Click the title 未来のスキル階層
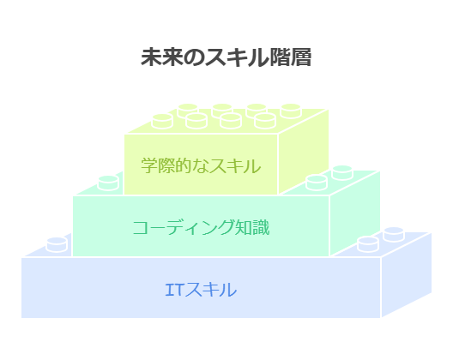tap(226, 57)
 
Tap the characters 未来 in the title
tap(161, 57)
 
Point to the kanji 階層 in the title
tap(290, 57)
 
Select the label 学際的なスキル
tap(201, 165)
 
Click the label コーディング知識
tap(201, 227)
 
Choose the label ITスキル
tap(201, 290)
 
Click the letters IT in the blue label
tap(173, 290)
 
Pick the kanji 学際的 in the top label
tap(165, 165)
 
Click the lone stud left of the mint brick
tap(108, 183)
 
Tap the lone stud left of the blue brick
tap(57, 244)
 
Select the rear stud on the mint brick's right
tap(342, 172)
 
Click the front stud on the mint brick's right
tap(317, 183)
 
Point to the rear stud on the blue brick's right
tap(394, 234)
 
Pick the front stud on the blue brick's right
tap(368, 244)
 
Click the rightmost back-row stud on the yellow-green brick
tap(291, 111)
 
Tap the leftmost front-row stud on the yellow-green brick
tap(162, 121)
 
